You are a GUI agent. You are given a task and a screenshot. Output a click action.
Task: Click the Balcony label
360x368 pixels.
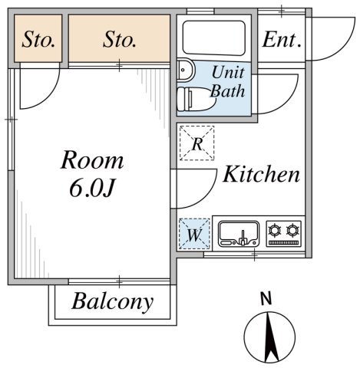tap(112, 302)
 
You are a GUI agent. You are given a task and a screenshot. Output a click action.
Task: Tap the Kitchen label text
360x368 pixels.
tap(261, 175)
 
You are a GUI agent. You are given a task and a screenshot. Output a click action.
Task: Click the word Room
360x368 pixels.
tap(92, 160)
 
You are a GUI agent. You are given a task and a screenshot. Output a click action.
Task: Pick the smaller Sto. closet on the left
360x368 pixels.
tap(38, 39)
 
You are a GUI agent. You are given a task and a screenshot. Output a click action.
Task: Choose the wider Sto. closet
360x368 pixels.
tap(119, 39)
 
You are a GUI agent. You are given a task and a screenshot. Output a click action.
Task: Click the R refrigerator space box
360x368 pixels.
tap(197, 143)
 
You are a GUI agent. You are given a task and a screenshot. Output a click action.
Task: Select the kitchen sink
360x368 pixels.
tap(239, 233)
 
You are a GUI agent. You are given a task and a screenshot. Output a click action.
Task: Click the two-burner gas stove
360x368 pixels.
tap(284, 232)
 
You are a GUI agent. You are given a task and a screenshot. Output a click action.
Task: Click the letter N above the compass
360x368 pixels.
tap(266, 299)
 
